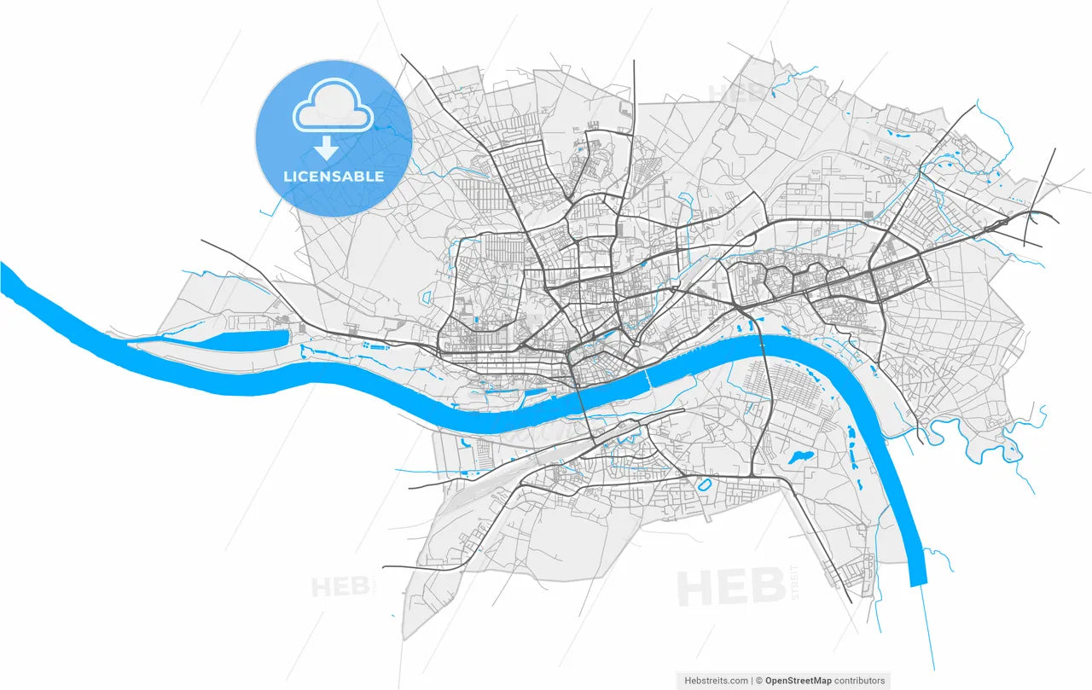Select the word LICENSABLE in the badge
coord(334,177)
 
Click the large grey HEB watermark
coord(731,587)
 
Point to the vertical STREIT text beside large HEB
coord(796,583)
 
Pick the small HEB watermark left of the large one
coord(339,587)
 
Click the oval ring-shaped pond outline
coord(705,484)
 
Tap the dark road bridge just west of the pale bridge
coord(584,402)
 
